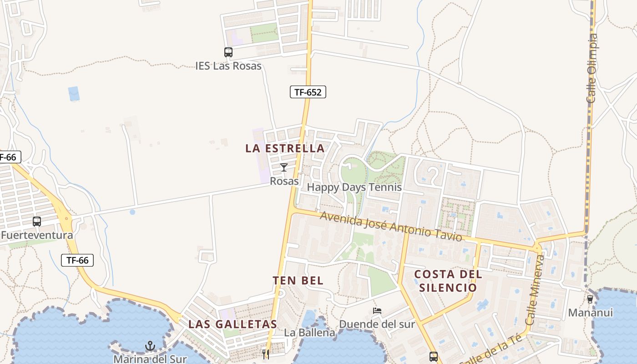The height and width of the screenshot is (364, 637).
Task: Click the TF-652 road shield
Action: [308, 92]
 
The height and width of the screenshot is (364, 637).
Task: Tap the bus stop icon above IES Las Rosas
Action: [228, 52]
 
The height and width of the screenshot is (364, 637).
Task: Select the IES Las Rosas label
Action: [228, 66]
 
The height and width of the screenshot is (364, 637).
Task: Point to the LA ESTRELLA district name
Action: [285, 148]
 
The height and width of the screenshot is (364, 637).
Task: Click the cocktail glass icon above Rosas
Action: [284, 167]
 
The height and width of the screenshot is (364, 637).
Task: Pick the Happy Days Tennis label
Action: [354, 187]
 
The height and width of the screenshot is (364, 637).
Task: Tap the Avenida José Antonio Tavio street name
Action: [391, 226]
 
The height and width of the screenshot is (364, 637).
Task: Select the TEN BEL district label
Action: [298, 281]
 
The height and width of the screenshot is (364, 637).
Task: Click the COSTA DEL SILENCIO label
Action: [448, 281]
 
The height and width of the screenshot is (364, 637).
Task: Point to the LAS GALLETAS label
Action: [233, 324]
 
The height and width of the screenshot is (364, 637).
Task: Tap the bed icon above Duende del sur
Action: [377, 311]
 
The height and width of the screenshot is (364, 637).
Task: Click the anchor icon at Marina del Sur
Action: [150, 347]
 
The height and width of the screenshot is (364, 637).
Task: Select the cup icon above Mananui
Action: [590, 299]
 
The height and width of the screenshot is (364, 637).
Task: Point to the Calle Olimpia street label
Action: [592, 68]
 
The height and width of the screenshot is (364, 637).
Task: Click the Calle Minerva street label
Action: [535, 290]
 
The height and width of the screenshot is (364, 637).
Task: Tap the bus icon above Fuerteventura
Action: [37, 222]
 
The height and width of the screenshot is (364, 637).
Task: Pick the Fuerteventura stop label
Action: [37, 235]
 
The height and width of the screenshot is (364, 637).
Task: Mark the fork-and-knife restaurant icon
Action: [266, 354]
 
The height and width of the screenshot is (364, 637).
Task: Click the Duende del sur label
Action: [377, 324]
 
